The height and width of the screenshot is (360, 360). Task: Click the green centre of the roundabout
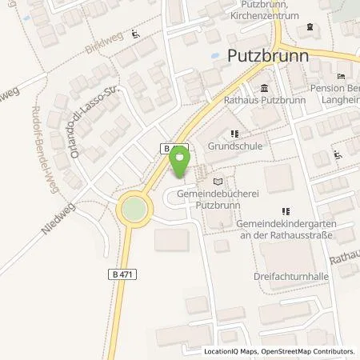click(133, 210)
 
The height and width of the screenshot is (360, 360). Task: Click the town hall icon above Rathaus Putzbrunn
click(264, 88)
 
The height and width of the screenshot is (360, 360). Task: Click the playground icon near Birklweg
click(135, 34)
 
